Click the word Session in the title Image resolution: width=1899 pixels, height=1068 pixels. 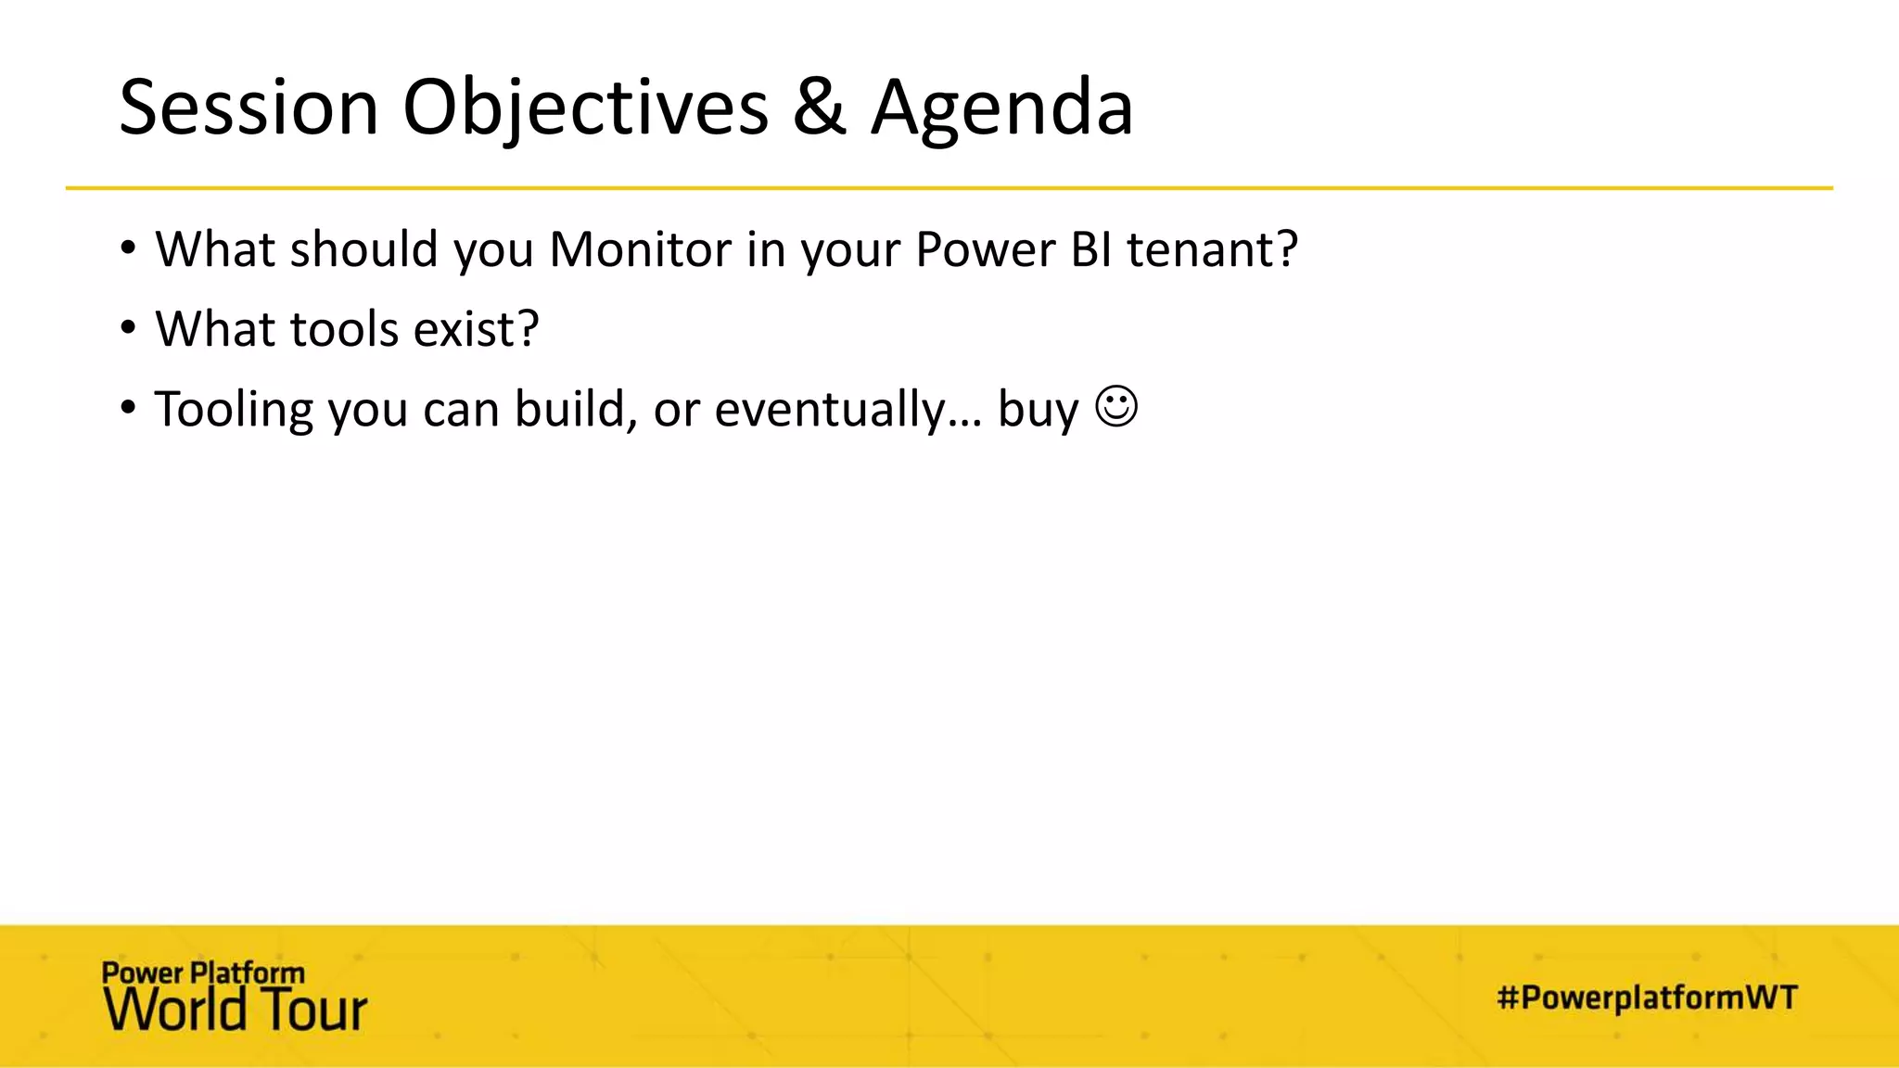pyautogui.click(x=249, y=108)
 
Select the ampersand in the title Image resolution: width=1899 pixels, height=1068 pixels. pyautogui.click(x=820, y=108)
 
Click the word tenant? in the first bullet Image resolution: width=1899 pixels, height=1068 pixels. pyautogui.click(x=1212, y=249)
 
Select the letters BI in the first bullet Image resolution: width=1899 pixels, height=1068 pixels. pyautogui.click(x=1091, y=249)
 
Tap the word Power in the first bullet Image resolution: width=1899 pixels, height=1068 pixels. pyautogui.click(x=986, y=249)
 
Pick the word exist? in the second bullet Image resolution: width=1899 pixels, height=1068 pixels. pyautogui.click(x=476, y=329)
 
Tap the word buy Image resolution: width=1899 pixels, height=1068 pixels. pyautogui.click(x=1038, y=409)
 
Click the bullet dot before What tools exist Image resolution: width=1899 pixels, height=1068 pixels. pyautogui.click(x=128, y=328)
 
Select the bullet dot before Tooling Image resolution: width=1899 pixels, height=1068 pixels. pyautogui.click(x=128, y=408)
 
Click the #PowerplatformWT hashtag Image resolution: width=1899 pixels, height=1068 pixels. pyautogui.click(x=1647, y=998)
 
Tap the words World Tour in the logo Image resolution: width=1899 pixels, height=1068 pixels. pyautogui.click(x=236, y=1011)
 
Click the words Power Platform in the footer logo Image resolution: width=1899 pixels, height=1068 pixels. pyautogui.click(x=203, y=973)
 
